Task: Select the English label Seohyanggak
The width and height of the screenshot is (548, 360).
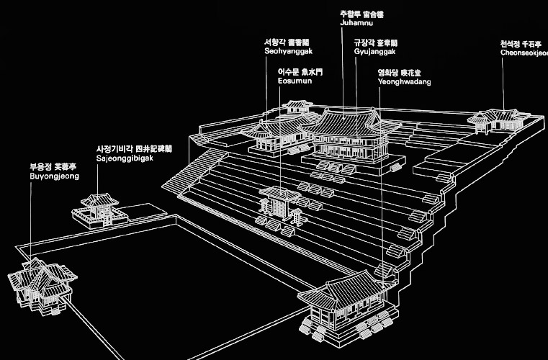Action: pos(288,50)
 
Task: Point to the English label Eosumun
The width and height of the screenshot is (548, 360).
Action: pos(294,81)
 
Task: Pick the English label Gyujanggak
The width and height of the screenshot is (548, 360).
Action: pos(373,52)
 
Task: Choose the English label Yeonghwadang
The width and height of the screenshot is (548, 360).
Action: pos(405,82)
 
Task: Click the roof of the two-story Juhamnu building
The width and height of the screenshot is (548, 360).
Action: pos(349,121)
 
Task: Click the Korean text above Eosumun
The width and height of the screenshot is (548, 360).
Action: pos(302,72)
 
